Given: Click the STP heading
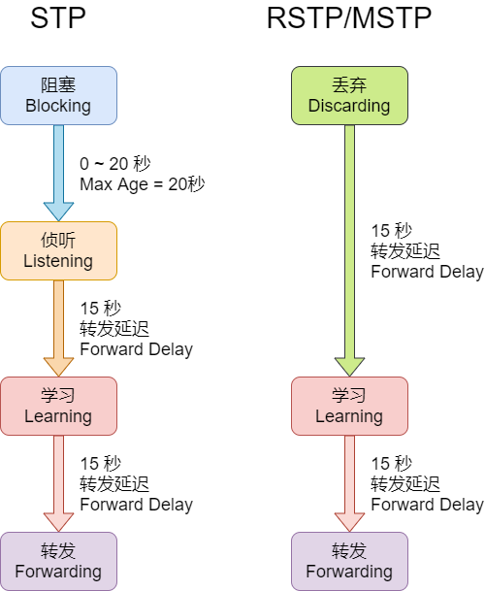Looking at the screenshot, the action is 58,17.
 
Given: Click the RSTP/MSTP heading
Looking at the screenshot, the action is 349,17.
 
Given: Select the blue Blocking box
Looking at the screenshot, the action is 59,96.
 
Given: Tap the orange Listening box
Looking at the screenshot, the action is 59,251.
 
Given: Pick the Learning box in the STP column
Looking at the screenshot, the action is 59,407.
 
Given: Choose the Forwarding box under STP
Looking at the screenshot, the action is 59,561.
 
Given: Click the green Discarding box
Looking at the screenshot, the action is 350,96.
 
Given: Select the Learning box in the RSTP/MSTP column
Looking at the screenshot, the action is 350,407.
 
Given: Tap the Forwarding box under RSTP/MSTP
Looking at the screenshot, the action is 350,561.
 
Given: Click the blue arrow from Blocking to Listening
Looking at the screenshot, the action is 59,173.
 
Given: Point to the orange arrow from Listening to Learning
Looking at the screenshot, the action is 59,328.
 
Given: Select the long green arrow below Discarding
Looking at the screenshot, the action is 350,250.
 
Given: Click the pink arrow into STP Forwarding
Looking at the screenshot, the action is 59,483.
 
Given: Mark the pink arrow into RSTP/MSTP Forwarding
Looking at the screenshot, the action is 350,483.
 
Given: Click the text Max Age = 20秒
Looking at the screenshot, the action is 143,184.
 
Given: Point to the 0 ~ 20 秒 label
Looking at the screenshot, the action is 115,164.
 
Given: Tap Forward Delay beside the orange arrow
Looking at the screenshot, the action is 137,349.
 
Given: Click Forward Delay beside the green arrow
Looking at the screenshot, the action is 428,272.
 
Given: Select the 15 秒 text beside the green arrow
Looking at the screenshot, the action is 392,231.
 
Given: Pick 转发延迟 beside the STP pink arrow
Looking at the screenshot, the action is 114,484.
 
